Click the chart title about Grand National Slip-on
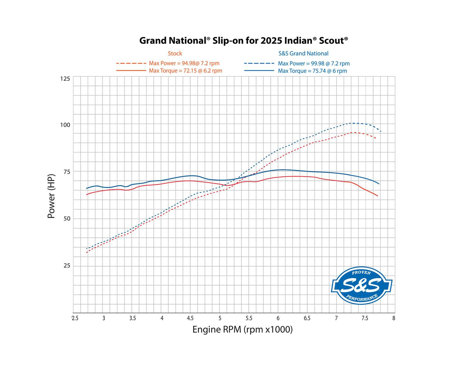click(x=244, y=41)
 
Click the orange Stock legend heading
click(x=175, y=54)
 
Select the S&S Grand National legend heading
click(x=304, y=54)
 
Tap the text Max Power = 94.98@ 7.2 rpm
click(x=184, y=64)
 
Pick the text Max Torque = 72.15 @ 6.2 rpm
click(x=185, y=71)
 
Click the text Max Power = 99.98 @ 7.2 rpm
click(x=314, y=64)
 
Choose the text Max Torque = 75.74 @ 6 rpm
click(x=312, y=71)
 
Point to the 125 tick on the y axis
click(x=65, y=79)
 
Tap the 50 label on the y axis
click(x=67, y=219)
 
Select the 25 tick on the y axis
click(x=67, y=266)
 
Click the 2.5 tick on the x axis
click(x=75, y=318)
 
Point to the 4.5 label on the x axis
click(x=191, y=318)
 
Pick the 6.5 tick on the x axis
click(x=307, y=318)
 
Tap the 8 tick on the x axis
click(x=394, y=318)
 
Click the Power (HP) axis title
click(x=51, y=196)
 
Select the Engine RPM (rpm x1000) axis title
click(x=242, y=330)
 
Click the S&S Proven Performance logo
click(x=362, y=285)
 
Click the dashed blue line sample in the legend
click(x=259, y=64)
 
